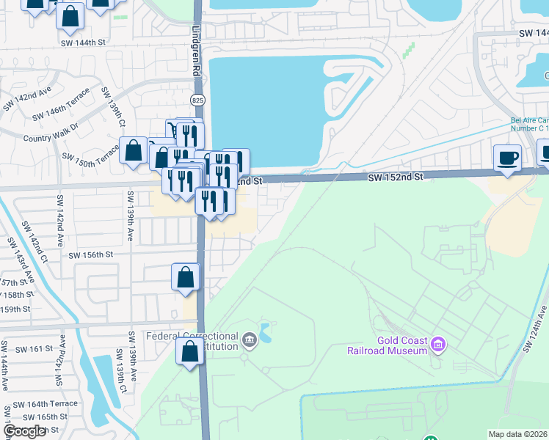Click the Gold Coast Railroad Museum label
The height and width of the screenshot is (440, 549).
[387, 345]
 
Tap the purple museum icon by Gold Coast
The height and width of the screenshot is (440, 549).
[439, 343]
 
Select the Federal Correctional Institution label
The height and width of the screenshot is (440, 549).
[192, 342]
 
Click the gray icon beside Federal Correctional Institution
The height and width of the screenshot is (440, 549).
[250, 338]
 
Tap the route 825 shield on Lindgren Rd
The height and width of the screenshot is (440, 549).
[198, 99]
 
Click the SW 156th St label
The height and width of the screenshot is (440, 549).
[90, 255]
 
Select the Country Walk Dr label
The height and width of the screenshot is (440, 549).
[51, 137]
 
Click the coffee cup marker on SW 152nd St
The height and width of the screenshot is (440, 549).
[507, 158]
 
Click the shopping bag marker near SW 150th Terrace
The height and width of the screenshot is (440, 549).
[134, 151]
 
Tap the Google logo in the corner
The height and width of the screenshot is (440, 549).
[24, 431]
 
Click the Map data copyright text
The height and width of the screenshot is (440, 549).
[518, 434]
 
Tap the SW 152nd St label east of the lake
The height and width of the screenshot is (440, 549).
[396, 177]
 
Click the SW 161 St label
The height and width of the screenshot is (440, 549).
[33, 350]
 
